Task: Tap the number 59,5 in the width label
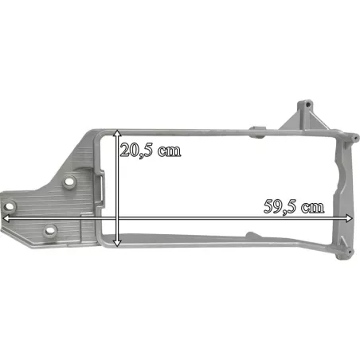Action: tap(280, 207)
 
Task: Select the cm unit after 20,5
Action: tap(169, 151)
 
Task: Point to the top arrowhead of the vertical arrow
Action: tap(117, 133)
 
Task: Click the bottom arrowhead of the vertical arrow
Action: tap(117, 243)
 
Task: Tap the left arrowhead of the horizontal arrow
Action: tap(6, 218)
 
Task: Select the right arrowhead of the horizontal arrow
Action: tap(349, 218)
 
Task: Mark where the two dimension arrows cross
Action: tap(117, 218)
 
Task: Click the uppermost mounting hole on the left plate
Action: tap(69, 182)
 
